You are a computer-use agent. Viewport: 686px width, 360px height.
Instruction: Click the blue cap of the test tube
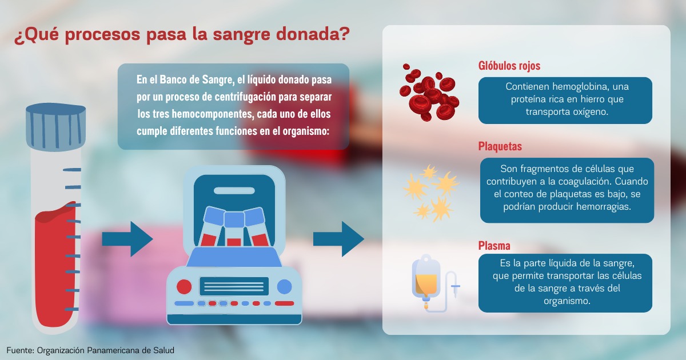tap(56, 127)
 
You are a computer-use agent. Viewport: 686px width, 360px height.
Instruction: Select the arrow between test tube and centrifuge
tap(127, 239)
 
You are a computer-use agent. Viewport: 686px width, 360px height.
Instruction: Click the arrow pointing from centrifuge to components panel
tap(338, 239)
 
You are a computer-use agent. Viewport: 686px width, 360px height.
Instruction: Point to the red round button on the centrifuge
tap(184, 287)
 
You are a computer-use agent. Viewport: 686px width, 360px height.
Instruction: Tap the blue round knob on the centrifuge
tap(285, 287)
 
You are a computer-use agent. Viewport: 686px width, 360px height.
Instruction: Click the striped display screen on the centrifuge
tap(234, 286)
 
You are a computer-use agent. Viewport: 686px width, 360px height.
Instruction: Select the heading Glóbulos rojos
tap(509, 66)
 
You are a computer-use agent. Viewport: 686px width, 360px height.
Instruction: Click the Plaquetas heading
tap(500, 147)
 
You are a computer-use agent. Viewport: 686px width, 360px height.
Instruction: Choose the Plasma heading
tap(494, 246)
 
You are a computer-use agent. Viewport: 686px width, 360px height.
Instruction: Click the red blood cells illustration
tap(429, 92)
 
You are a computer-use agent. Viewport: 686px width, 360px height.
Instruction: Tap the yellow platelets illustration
tap(431, 193)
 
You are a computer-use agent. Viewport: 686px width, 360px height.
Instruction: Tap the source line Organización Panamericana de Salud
tap(106, 350)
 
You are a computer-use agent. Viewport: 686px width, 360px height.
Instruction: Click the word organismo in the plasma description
tap(567, 301)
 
